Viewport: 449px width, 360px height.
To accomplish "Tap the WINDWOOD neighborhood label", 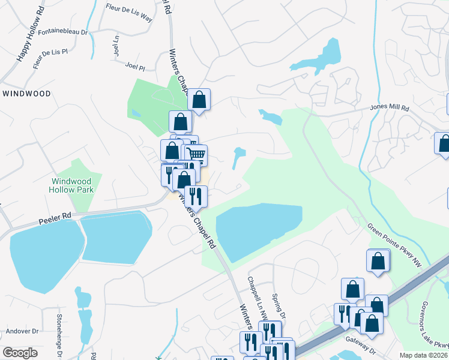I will coord(26,94).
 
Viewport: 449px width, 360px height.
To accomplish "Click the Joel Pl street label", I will coord(136,65).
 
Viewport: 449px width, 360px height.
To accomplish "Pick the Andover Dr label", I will coord(22,331).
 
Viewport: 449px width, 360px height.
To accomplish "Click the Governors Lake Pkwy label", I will coord(433,324).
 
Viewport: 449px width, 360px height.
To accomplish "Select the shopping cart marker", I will coord(196,155).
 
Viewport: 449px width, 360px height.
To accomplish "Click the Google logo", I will coord(20,353).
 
